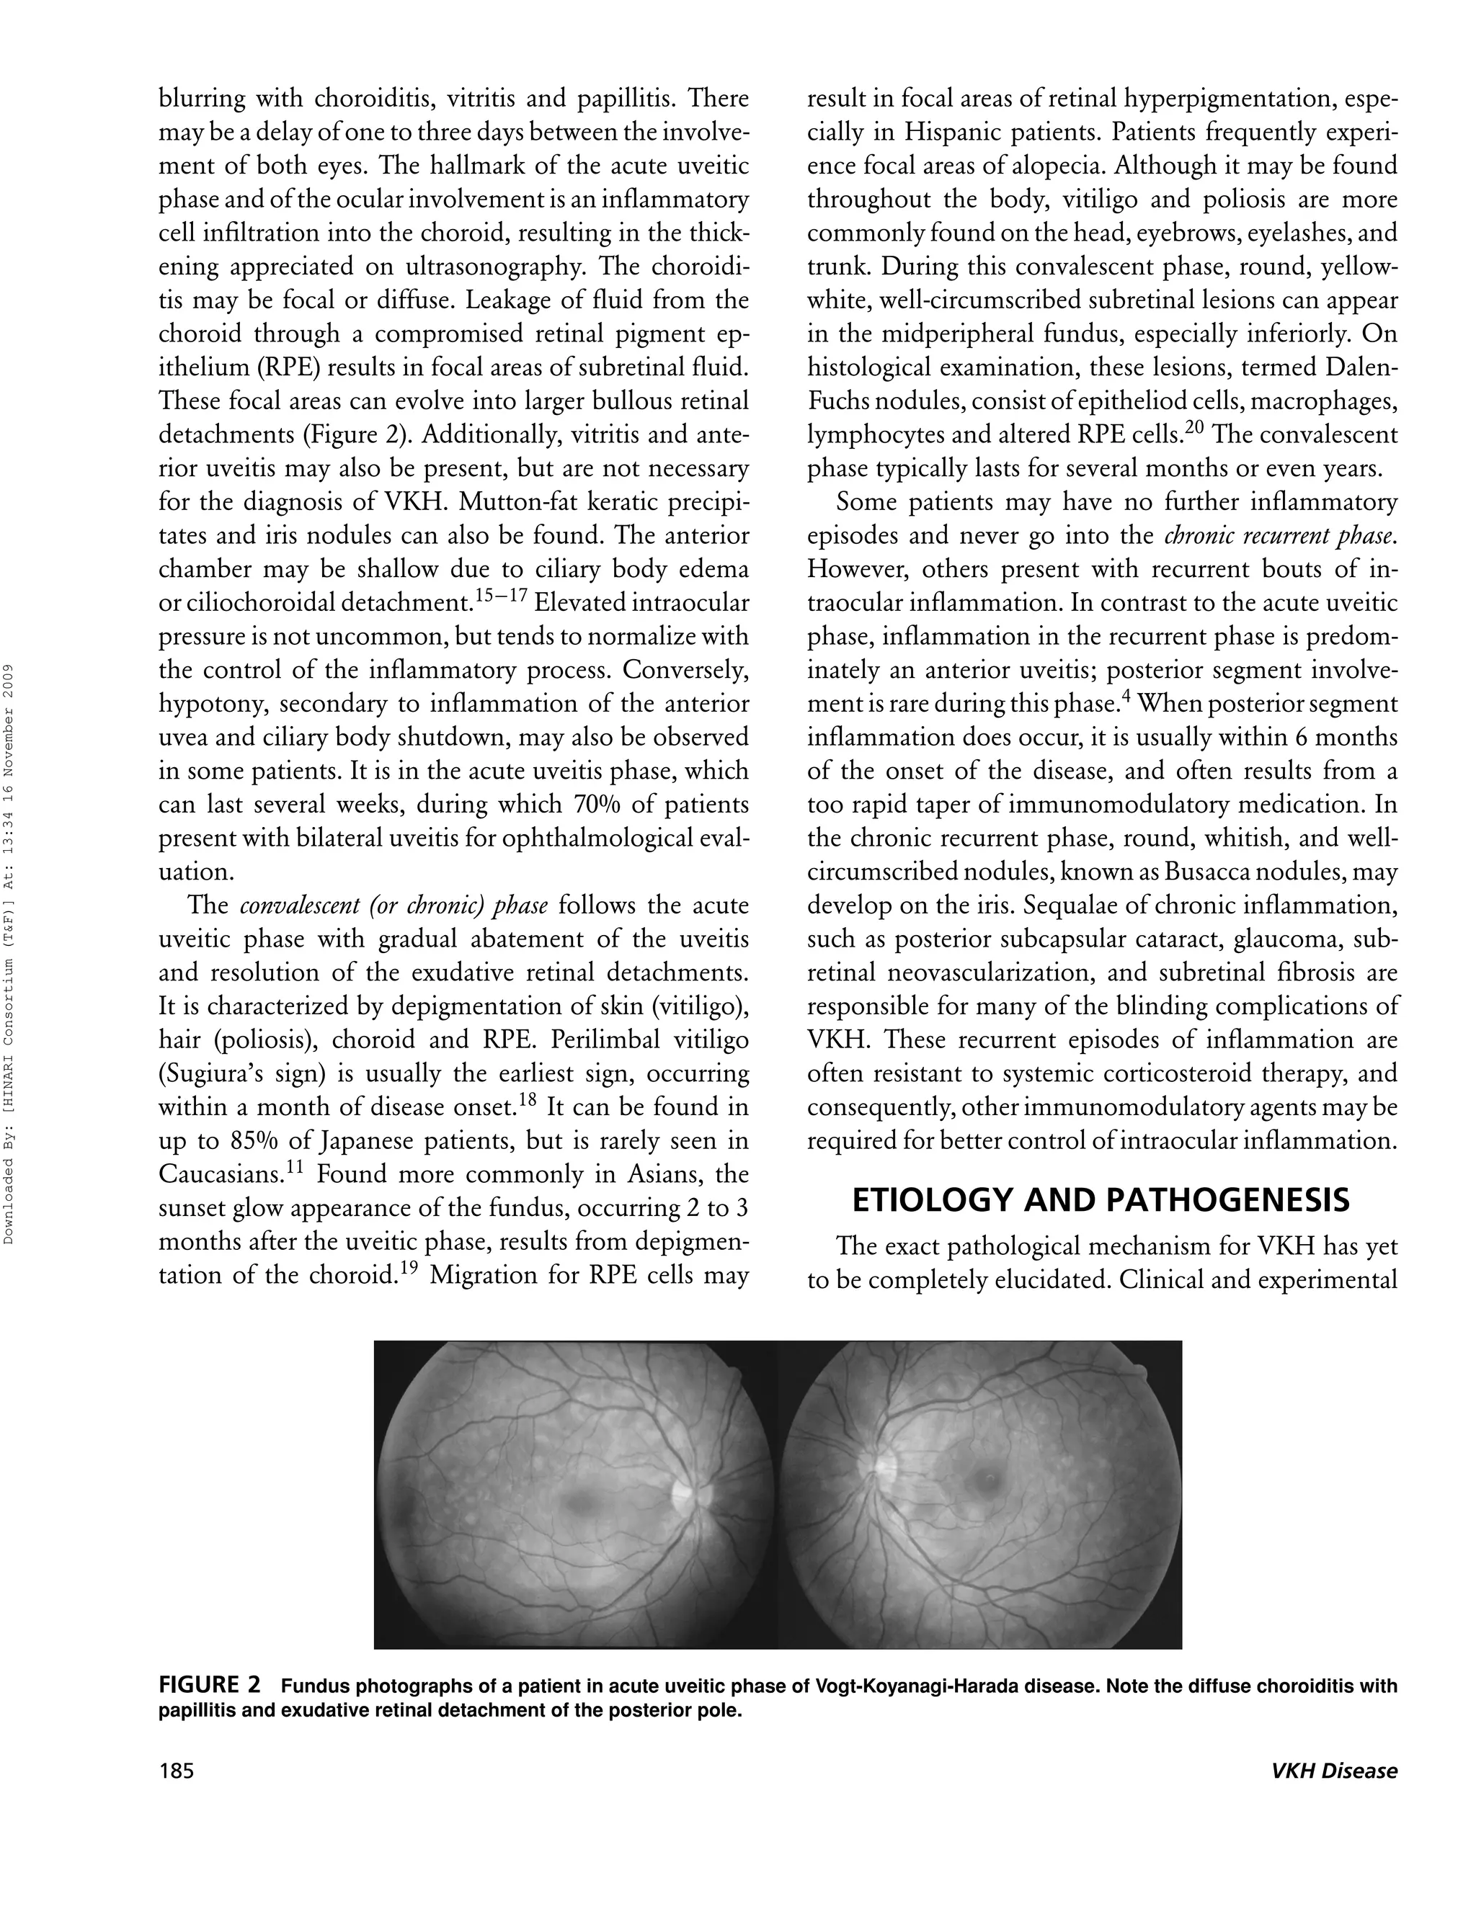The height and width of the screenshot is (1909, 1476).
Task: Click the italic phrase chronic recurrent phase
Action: (1279, 536)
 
